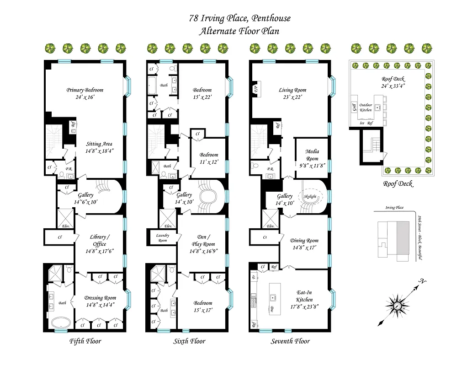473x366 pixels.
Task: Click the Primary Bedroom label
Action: pyautogui.click(x=85, y=90)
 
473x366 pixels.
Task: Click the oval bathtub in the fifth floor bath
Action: pyautogui.click(x=60, y=323)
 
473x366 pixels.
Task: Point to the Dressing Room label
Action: pyautogui.click(x=100, y=298)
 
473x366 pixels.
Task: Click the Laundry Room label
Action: pyautogui.click(x=162, y=237)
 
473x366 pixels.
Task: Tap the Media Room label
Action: pyautogui.click(x=312, y=155)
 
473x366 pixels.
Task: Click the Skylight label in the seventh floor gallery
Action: pyautogui.click(x=310, y=196)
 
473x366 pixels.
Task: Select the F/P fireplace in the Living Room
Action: pyautogui.click(x=256, y=89)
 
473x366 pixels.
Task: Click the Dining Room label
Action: pyautogui.click(x=304, y=241)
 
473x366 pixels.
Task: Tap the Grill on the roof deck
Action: pyautogui.click(x=353, y=108)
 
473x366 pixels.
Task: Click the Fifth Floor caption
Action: pyautogui.click(x=85, y=341)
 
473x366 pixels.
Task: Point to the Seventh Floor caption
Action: pyautogui.click(x=290, y=341)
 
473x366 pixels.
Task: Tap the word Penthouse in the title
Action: pyautogui.click(x=269, y=19)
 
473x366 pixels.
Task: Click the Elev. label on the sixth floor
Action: pyautogui.click(x=168, y=226)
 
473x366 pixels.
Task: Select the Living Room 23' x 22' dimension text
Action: pyautogui.click(x=292, y=97)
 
